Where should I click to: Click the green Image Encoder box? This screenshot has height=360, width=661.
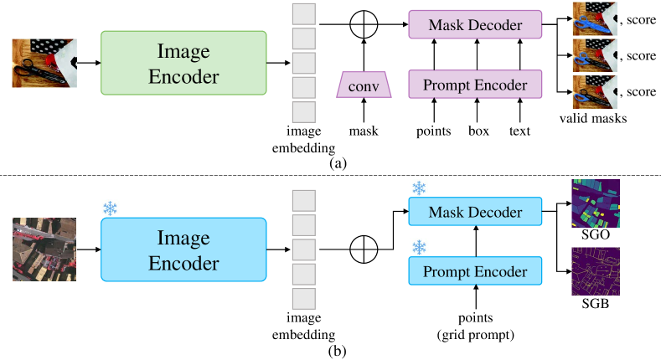(183, 64)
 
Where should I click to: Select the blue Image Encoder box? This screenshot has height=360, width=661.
(183, 249)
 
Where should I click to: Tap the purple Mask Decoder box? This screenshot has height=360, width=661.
(475, 25)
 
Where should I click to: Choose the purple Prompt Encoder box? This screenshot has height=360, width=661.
(475, 85)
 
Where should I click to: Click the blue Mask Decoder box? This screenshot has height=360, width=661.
(475, 212)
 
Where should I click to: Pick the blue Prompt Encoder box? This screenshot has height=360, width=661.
(475, 271)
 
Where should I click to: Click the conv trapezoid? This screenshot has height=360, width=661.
(364, 85)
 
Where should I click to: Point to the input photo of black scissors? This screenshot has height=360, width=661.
(44, 63)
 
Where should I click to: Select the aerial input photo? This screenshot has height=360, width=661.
(44, 249)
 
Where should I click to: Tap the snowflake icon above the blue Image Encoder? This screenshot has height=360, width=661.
(110, 208)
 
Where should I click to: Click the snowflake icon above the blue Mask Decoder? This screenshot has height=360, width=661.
(419, 188)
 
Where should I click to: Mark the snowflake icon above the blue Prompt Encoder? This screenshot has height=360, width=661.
(419, 247)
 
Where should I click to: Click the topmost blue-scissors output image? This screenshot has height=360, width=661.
(594, 18)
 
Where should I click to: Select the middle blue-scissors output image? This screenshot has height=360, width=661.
(594, 55)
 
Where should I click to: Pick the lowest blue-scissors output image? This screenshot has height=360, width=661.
(594, 91)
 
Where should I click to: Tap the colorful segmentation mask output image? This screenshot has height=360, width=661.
(595, 203)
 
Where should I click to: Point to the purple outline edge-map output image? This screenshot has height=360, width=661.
(595, 271)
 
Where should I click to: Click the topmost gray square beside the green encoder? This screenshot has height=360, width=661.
(304, 14)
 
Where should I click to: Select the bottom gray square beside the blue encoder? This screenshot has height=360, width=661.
(304, 299)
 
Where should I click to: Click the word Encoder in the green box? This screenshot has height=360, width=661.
(183, 77)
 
